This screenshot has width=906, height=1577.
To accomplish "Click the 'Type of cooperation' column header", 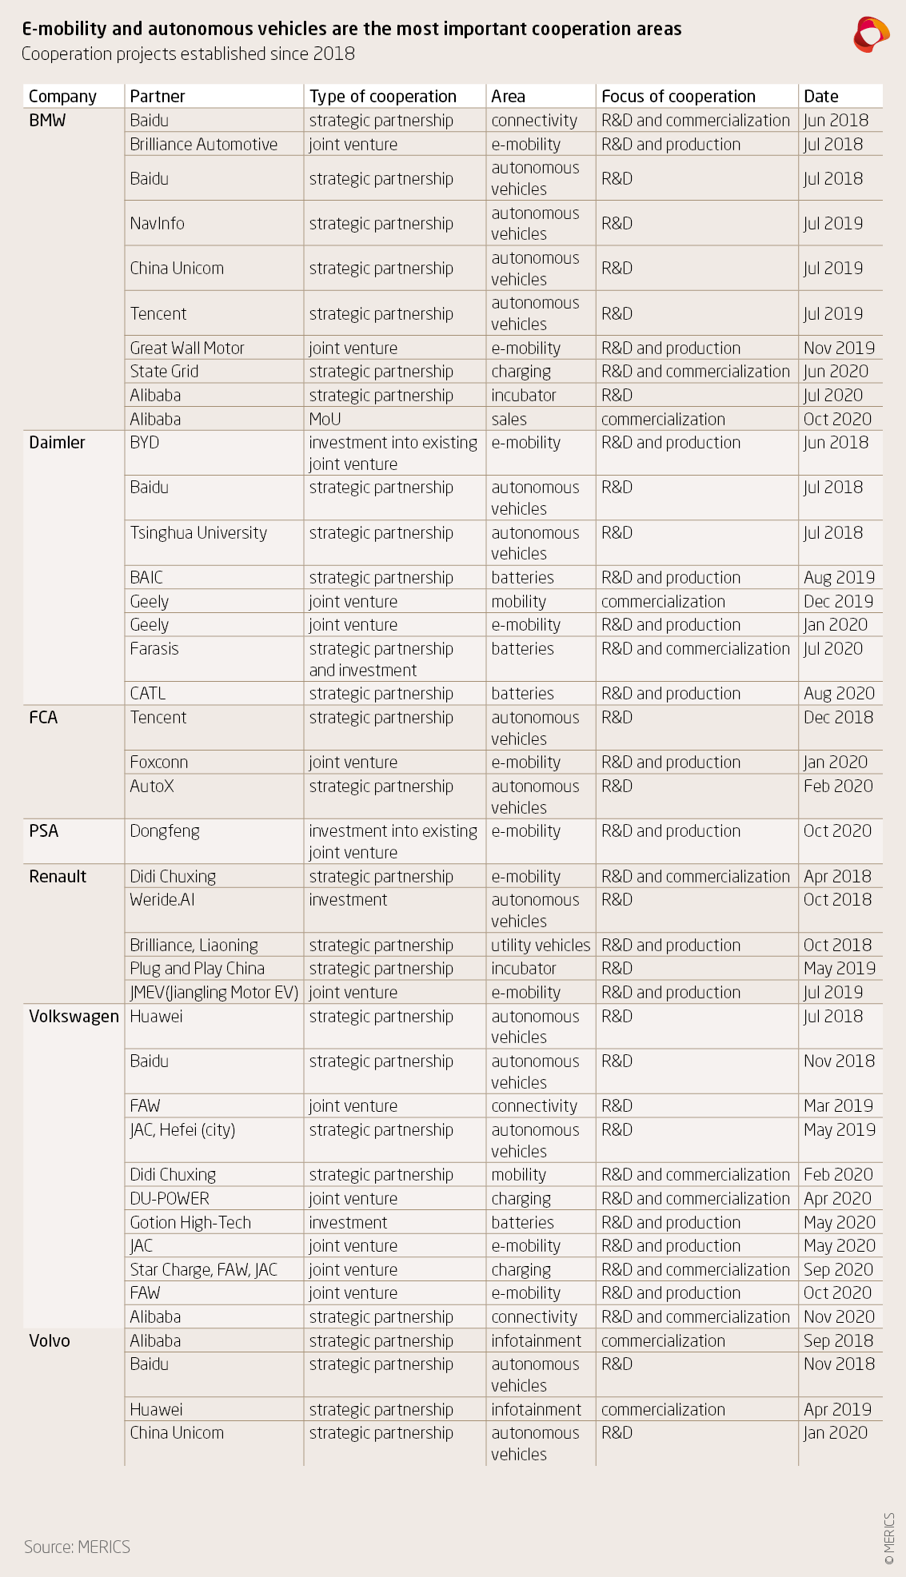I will [x=382, y=97].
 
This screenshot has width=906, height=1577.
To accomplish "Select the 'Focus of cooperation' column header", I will [x=677, y=97].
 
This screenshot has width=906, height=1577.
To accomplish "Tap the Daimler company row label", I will [x=57, y=443].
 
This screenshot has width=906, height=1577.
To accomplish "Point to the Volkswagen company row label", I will [x=74, y=1017].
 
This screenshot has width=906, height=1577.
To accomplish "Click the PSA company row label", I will [x=44, y=831].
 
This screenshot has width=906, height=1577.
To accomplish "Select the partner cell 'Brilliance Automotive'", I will [x=203, y=145].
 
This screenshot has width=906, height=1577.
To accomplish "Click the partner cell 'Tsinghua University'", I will [x=198, y=533].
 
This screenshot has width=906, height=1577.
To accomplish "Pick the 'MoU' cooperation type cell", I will [x=325, y=420].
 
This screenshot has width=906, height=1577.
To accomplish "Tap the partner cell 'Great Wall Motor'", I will [x=187, y=348].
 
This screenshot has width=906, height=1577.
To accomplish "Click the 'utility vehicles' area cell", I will [x=541, y=946].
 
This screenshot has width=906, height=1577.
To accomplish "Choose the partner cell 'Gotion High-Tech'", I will [x=190, y=1223].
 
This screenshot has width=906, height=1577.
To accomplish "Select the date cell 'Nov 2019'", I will [x=839, y=348].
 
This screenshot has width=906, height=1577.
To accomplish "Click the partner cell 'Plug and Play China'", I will [x=197, y=969].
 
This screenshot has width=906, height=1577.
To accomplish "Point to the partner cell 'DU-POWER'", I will [x=170, y=1199].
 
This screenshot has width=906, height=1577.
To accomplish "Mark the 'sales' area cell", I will [x=509, y=420].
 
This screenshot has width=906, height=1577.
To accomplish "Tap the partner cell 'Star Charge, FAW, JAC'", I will [x=203, y=1270].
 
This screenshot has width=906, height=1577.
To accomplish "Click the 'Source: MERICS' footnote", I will [x=77, y=1547].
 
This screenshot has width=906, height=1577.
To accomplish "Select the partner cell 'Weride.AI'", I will [x=162, y=900].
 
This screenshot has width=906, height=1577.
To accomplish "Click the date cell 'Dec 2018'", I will [x=838, y=718].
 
